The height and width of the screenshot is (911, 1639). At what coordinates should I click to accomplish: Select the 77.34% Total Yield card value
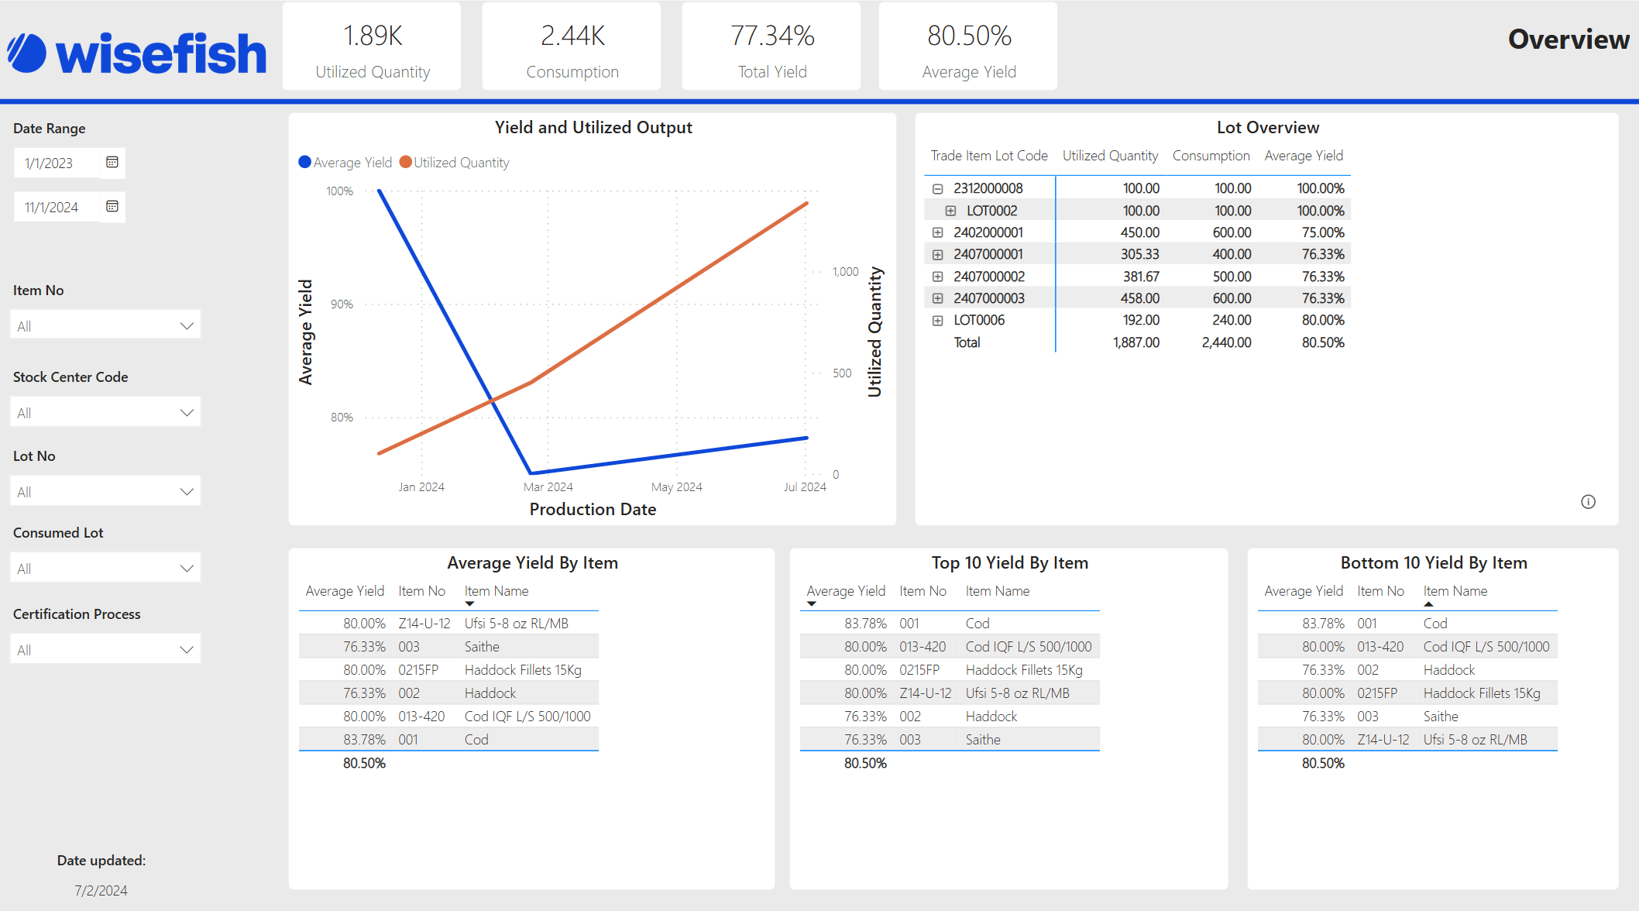tap(772, 36)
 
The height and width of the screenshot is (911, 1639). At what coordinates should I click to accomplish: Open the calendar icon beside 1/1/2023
tap(112, 162)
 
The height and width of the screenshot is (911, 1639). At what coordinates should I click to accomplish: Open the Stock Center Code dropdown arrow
tap(186, 413)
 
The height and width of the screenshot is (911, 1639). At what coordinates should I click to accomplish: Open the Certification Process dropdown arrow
tap(186, 650)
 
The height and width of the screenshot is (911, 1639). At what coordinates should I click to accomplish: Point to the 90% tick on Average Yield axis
tap(342, 304)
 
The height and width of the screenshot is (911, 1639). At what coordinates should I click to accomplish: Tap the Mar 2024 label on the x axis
tap(548, 487)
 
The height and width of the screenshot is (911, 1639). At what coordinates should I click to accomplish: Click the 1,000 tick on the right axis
tap(845, 272)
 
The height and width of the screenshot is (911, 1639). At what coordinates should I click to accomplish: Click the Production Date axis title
tap(593, 510)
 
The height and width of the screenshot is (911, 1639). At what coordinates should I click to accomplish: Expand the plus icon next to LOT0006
tap(937, 321)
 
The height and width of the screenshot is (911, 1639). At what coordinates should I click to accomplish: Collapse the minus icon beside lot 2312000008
tap(937, 189)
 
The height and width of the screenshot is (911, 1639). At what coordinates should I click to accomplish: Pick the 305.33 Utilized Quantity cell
tap(1139, 254)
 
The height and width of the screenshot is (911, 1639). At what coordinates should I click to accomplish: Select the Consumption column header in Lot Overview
tap(1211, 156)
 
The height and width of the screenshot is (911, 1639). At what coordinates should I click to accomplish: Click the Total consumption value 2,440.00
tap(1226, 342)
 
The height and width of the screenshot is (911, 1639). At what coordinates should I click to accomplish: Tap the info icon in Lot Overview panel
tap(1588, 502)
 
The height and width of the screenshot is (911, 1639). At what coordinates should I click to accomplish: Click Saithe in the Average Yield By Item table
tap(482, 647)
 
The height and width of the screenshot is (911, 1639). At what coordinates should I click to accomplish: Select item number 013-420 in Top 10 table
tap(923, 647)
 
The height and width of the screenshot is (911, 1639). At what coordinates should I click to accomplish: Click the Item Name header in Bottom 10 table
tap(1455, 591)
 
